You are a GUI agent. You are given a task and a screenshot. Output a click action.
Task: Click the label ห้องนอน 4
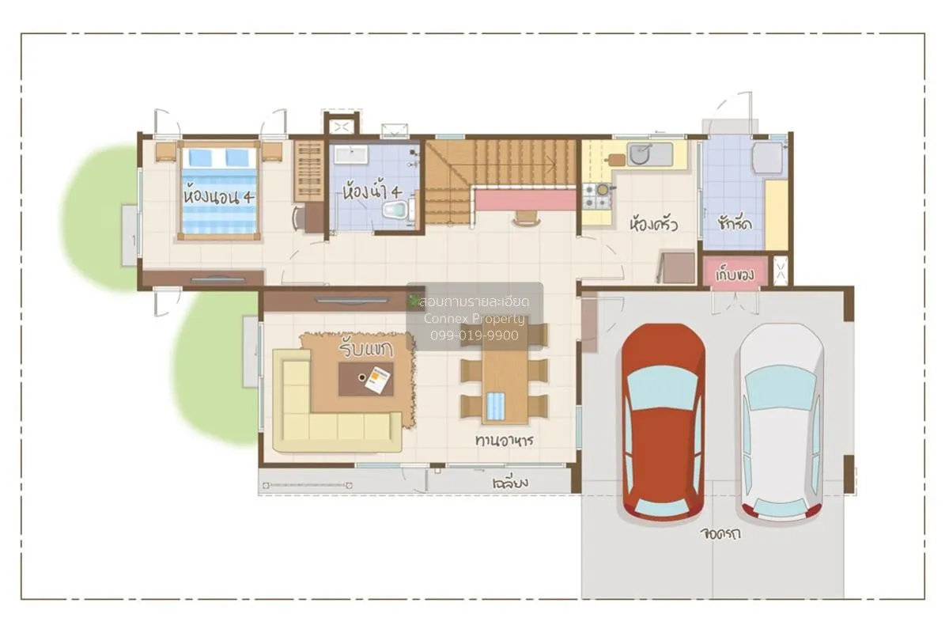click(x=219, y=195)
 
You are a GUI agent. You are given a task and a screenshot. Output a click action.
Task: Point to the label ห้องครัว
click(x=653, y=224)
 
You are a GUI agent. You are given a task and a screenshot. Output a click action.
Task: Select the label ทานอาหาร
click(x=503, y=440)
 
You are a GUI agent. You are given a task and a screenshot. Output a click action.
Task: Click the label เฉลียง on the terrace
click(x=509, y=482)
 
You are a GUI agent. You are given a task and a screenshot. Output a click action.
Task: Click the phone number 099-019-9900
click(x=475, y=335)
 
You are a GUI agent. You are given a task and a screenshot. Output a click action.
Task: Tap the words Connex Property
click(x=475, y=319)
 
